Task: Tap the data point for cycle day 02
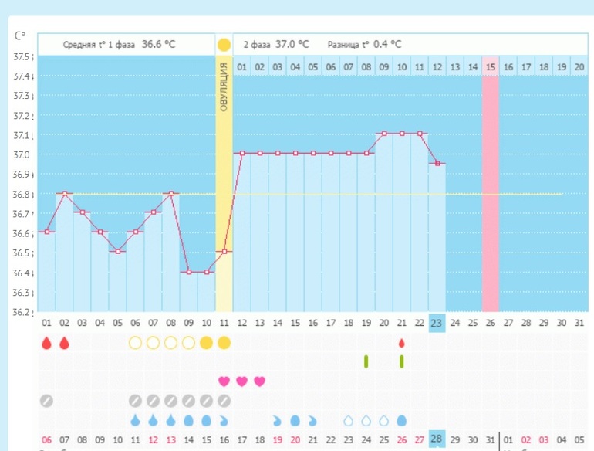point(64,193)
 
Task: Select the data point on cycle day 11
point(224,252)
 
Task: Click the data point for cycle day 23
point(437,164)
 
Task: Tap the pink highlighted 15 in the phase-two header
point(491,67)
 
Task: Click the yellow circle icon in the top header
point(224,45)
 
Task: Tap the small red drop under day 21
point(401,343)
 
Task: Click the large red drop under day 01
point(46,342)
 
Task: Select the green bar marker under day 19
point(366,361)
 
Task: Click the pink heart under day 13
point(259,381)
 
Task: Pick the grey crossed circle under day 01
point(46,401)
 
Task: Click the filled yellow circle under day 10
point(206,342)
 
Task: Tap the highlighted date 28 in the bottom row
point(437,439)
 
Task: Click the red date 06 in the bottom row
point(46,440)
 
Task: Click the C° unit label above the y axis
point(22,36)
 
